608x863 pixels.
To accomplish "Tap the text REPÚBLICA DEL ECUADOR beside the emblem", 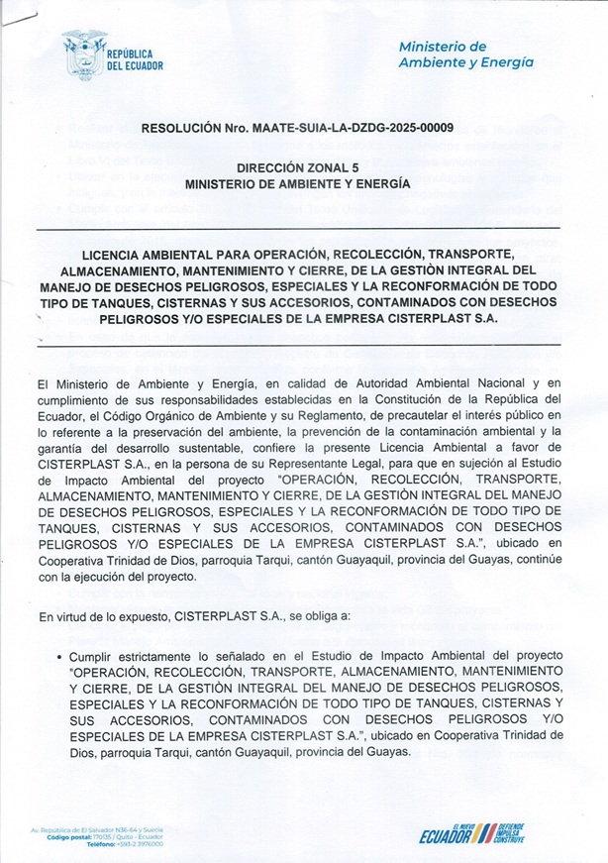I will [x=135, y=58].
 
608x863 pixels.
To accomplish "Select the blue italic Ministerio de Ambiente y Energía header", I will [x=465, y=54].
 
